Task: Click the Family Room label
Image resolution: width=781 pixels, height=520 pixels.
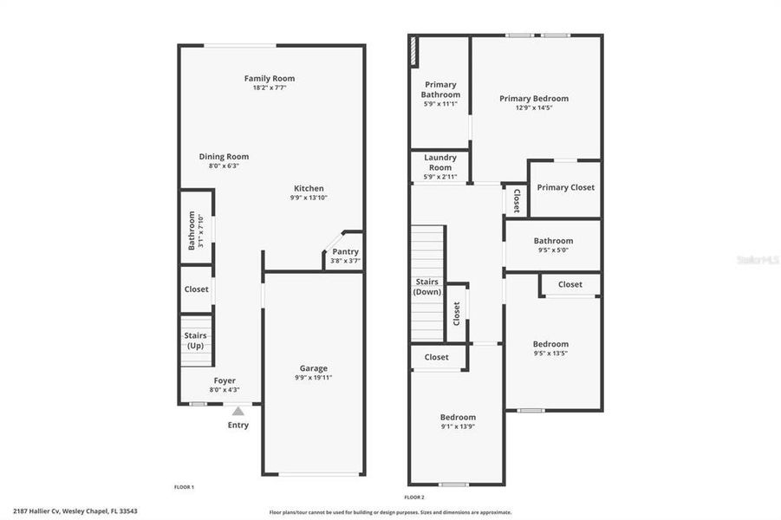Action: point(269,79)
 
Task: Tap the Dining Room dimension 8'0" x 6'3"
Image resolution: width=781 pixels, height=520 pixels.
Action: point(224,166)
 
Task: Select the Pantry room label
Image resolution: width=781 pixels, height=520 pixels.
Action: point(345,251)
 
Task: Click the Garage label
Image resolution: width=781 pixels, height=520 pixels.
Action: point(313,368)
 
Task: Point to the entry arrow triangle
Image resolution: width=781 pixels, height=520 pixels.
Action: point(238,411)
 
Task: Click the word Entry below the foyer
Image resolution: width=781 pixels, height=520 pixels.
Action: point(238,426)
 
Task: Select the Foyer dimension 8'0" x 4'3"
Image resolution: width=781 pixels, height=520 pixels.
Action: point(224,390)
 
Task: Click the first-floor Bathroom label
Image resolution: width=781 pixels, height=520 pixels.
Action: point(192,231)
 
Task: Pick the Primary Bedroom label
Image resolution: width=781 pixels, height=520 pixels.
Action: point(534,99)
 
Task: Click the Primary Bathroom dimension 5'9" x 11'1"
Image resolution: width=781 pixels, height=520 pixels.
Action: point(440,104)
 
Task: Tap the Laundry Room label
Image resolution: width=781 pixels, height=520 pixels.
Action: point(440,162)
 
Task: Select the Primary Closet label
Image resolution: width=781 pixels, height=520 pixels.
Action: point(565,187)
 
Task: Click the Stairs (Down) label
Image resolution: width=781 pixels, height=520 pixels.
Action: point(427,287)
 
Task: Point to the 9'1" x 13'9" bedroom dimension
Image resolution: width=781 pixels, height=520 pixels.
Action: point(458,426)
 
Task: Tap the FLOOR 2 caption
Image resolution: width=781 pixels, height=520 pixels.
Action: point(414,497)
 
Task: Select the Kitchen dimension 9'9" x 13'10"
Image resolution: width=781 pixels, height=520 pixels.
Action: point(309,198)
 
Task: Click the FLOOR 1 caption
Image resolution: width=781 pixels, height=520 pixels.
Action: point(184,487)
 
